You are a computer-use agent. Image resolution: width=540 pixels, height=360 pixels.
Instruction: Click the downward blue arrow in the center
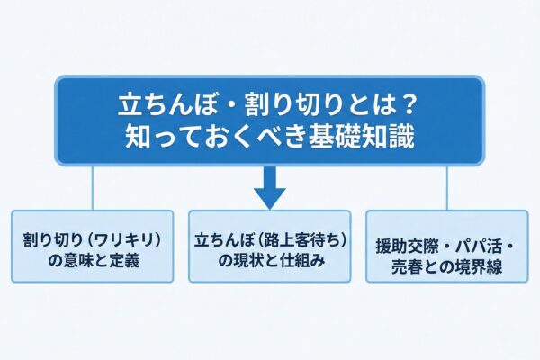269,188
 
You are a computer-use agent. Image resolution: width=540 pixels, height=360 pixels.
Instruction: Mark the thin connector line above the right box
447,186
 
